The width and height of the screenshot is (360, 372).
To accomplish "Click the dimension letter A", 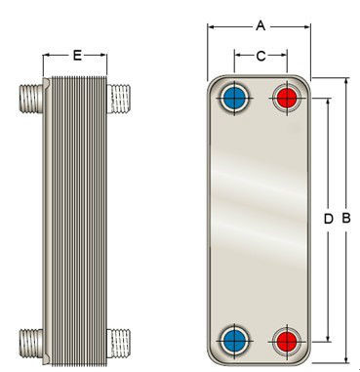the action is tap(260, 25).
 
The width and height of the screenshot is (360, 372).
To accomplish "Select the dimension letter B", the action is tap(346, 218).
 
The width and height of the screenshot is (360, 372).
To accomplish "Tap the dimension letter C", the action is tap(260, 56).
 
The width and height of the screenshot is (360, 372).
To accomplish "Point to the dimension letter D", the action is tap(329, 219).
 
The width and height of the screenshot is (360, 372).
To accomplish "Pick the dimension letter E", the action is tap(77, 56).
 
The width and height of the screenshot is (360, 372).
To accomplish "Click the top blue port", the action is tap(234, 97).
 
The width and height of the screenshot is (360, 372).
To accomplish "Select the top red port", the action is tap(287, 98).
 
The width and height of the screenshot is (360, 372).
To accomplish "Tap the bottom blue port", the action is tap(234, 341).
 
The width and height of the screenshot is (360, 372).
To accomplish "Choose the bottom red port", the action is tap(287, 341).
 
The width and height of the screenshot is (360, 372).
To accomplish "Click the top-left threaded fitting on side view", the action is tap(31, 99).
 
